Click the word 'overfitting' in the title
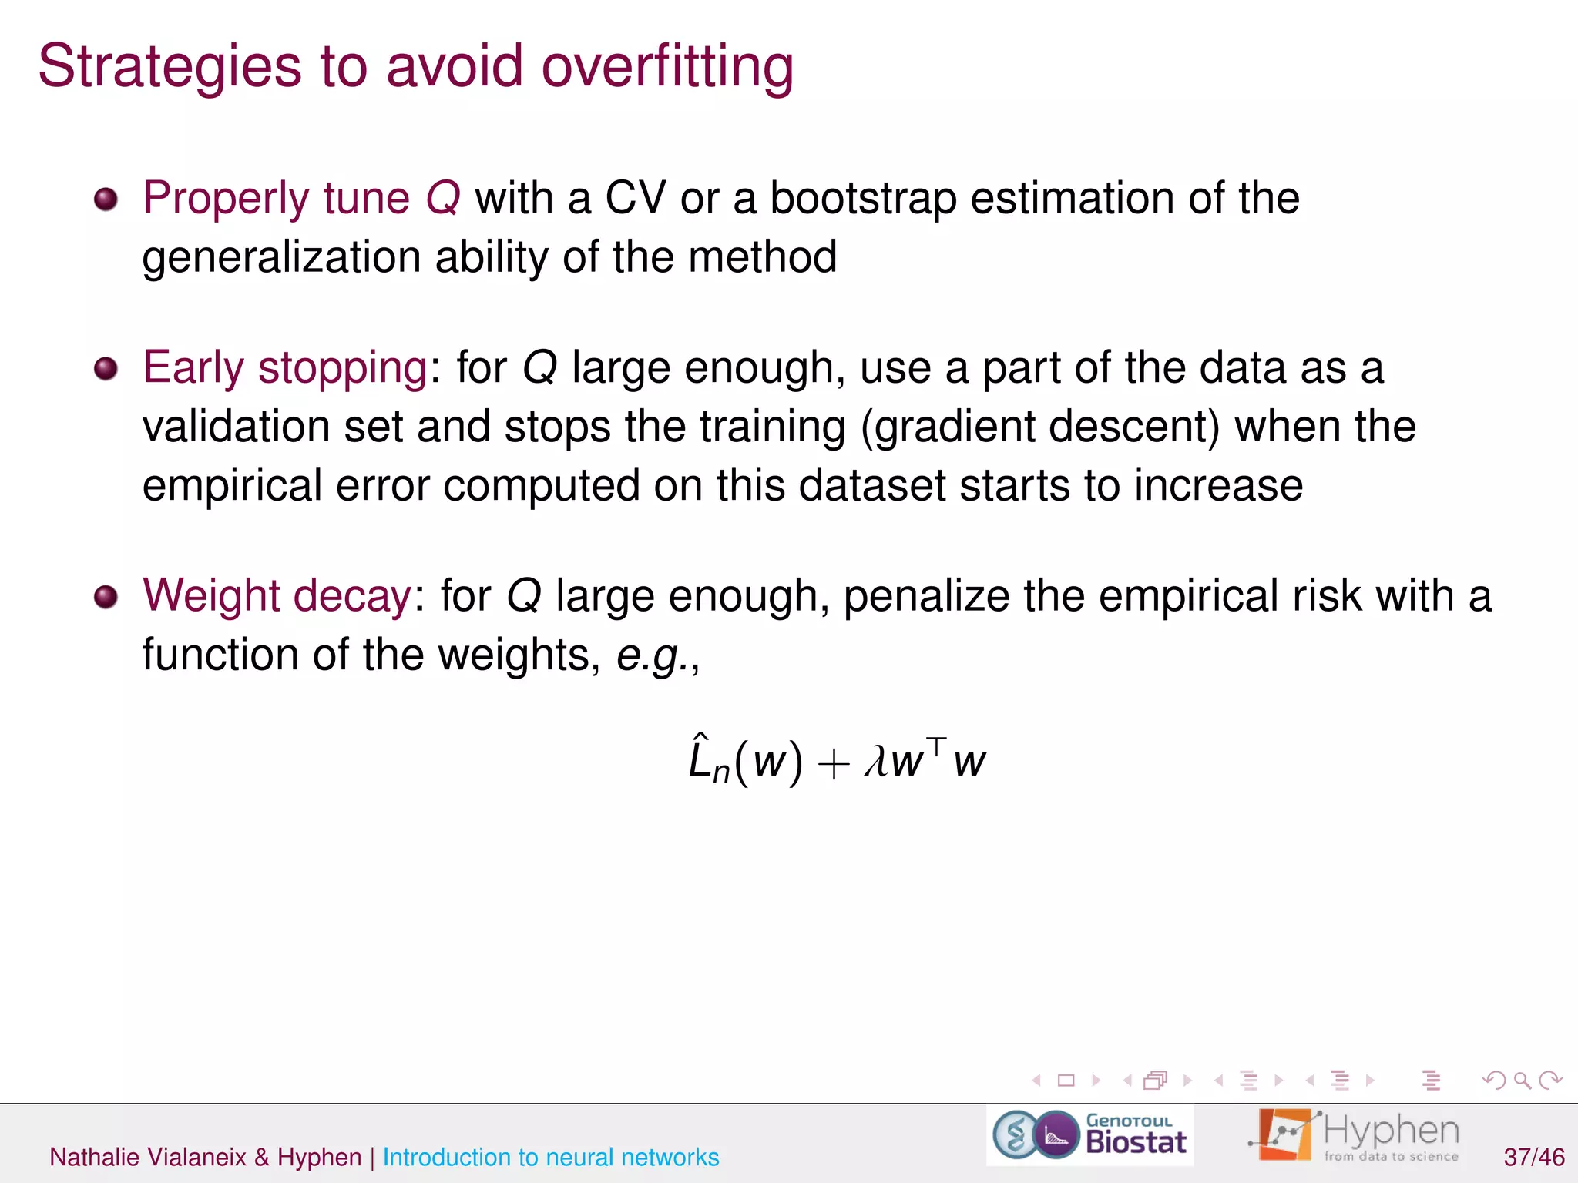tap(667, 66)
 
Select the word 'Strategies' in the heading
tap(170, 68)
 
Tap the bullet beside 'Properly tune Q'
tap(106, 200)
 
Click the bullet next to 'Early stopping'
tap(106, 369)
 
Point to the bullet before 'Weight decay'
tap(106, 597)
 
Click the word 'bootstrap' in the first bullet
tap(863, 199)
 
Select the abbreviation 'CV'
tap(635, 198)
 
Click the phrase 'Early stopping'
tap(285, 367)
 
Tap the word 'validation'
tap(235, 427)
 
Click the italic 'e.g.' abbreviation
tap(652, 655)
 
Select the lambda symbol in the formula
tap(875, 762)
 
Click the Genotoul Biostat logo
tap(1090, 1135)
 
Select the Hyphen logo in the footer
tap(1355, 1135)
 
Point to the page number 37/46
tap(1533, 1157)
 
